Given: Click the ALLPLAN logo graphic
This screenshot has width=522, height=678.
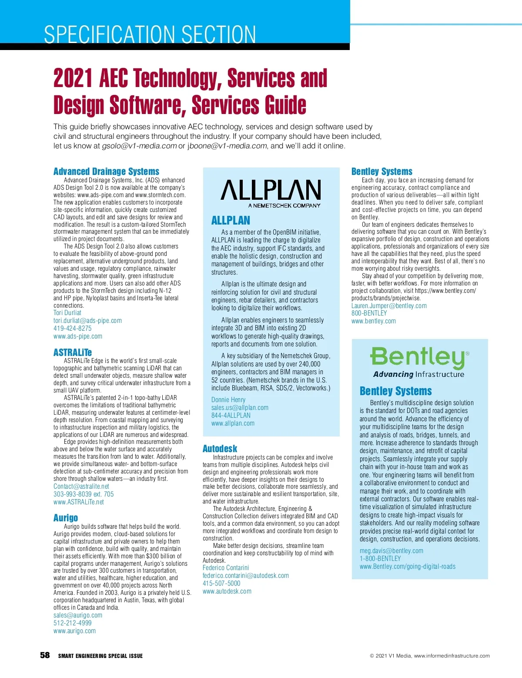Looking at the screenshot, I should (x=271, y=193).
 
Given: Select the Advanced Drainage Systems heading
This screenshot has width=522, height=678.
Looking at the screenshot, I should (x=106, y=171).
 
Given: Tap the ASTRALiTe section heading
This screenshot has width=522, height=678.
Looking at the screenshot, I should (x=73, y=352).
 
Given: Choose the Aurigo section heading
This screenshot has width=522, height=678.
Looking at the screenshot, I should (x=66, y=518).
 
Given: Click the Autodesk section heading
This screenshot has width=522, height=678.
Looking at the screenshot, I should (x=220, y=449).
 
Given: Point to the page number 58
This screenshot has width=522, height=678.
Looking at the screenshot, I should (x=45, y=655).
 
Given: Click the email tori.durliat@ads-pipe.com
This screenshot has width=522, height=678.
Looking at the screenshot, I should (x=87, y=321).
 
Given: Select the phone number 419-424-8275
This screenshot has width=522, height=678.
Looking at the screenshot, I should (x=73, y=329).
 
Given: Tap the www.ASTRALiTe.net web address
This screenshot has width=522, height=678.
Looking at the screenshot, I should (x=79, y=502).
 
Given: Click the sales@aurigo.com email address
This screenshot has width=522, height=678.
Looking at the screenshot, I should (x=78, y=615).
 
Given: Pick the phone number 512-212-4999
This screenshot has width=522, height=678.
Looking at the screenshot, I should (x=73, y=623).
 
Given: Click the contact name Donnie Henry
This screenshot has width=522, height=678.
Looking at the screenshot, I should (x=228, y=400).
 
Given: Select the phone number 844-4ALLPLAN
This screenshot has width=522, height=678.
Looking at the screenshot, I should (x=231, y=416).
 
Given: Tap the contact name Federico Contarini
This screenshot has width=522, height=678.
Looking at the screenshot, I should (x=226, y=568).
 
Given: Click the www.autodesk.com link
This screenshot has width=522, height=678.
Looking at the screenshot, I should (x=227, y=591).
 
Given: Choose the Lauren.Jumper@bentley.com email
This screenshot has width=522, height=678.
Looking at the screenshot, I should (x=389, y=306).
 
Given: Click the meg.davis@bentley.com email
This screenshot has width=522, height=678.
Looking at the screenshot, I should (x=391, y=551).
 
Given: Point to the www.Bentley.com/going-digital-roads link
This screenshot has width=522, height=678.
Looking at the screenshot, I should (x=408, y=567).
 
